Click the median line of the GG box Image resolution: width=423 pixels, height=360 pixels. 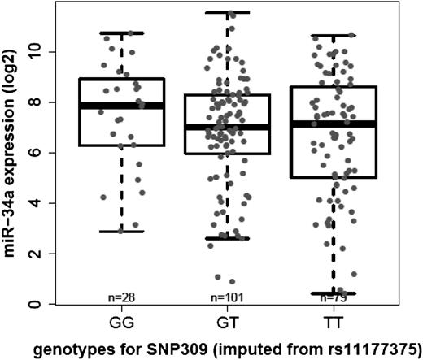(122, 106)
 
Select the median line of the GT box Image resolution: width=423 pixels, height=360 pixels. (227, 127)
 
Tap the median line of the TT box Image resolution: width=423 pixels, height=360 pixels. (333, 124)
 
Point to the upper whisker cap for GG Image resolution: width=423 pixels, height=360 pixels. (122, 33)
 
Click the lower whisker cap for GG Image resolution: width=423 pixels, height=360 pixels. (122, 232)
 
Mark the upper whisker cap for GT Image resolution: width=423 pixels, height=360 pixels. (227, 13)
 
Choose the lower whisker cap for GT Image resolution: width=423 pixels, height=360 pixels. (227, 238)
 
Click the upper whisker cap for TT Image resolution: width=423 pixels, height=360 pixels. (333, 36)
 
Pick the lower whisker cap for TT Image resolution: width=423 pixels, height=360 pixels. (333, 293)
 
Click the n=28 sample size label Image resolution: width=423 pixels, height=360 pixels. (122, 297)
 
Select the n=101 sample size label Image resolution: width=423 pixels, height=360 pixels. (227, 297)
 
